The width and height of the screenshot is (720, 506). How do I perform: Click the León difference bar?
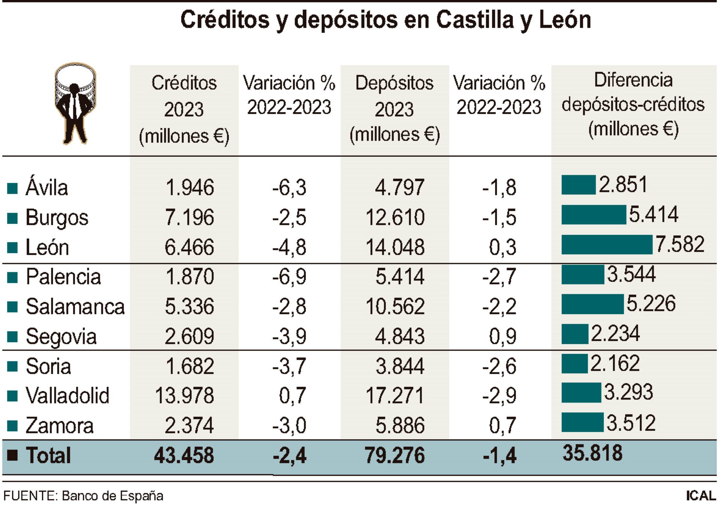coord(607,244)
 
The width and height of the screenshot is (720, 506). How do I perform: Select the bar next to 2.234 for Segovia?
coord(574,334)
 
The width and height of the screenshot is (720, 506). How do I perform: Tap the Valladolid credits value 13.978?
coord(184,395)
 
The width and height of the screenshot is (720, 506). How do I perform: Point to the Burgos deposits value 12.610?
coord(395,217)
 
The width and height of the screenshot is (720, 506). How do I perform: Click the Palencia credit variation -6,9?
coord(289,277)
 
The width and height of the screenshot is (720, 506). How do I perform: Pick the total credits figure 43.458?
coord(184,455)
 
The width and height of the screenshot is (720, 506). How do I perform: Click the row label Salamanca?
coord(75,307)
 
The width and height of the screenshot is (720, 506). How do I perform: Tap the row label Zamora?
coord(59,425)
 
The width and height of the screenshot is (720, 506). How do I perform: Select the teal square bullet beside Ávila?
coord(12,188)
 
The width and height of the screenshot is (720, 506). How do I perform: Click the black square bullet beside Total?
coord(12,455)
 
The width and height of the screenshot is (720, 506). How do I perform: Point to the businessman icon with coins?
coord(75,103)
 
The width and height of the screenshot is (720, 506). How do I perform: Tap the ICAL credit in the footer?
coord(700,496)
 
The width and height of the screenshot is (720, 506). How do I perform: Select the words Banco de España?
coord(112,496)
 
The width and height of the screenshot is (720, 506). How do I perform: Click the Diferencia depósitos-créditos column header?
coord(633,104)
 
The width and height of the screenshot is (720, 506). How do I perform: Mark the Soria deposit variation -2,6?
coord(499,366)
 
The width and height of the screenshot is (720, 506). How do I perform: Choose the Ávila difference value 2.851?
coord(623,184)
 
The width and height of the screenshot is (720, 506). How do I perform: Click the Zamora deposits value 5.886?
coord(400,425)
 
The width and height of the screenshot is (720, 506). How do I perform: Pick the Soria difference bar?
coord(574,364)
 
